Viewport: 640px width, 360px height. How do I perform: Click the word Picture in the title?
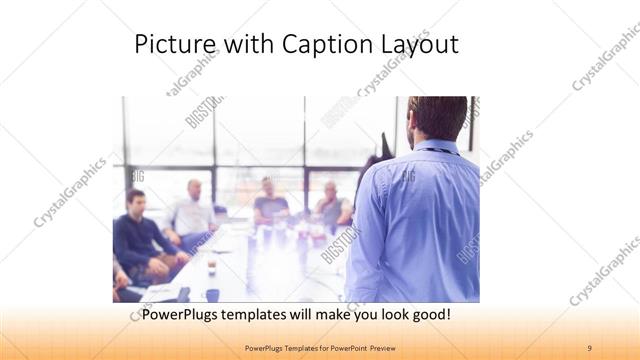tap(171, 45)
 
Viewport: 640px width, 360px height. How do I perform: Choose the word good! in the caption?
tap(427, 315)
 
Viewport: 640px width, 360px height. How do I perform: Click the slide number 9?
tap(589, 347)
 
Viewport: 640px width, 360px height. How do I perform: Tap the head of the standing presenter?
tap(438, 118)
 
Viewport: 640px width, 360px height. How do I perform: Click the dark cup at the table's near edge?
tap(212, 295)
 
